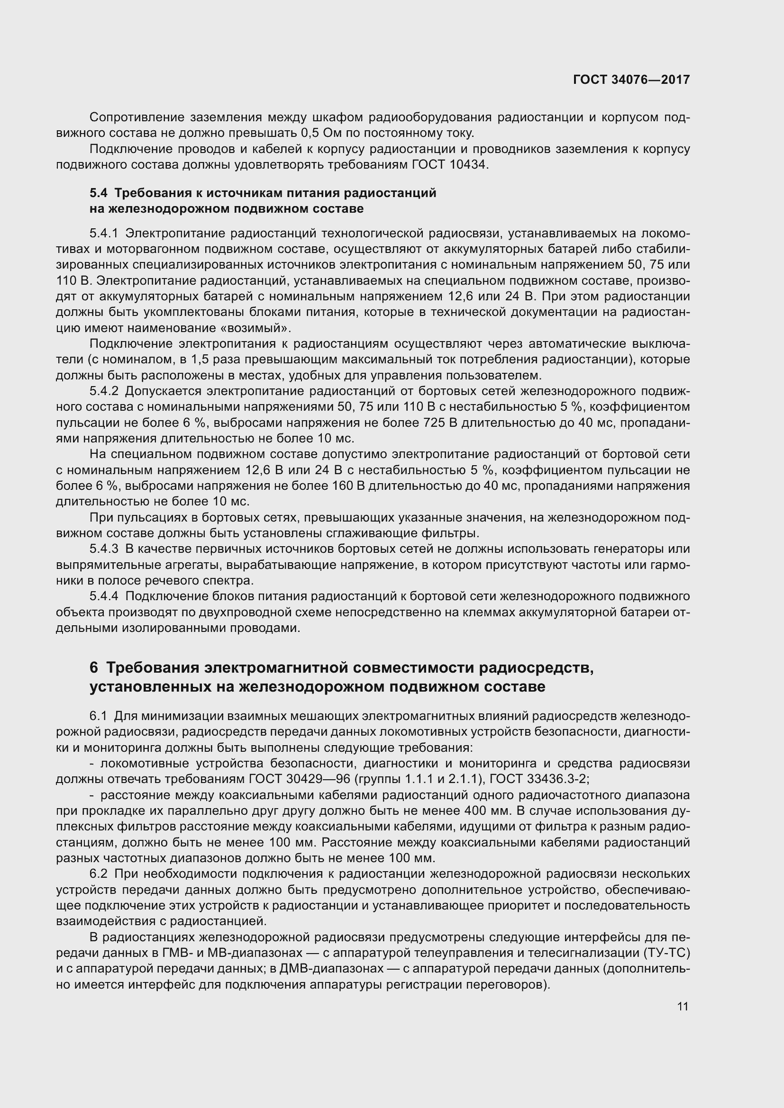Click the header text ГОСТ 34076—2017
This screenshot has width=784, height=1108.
631,80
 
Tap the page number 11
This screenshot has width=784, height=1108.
683,1007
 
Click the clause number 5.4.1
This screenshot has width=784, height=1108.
103,234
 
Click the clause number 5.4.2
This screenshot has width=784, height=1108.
103,391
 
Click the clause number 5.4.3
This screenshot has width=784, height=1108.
103,549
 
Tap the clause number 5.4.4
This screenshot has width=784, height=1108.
103,596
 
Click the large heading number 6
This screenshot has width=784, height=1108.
94,668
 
